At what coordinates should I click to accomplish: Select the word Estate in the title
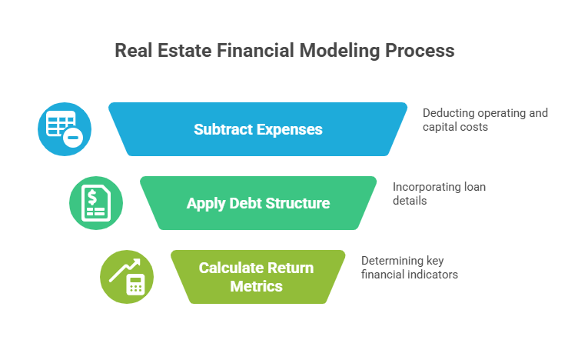tap(183, 51)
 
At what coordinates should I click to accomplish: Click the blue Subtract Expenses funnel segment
tap(257, 129)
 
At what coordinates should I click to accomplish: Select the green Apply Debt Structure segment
tap(257, 203)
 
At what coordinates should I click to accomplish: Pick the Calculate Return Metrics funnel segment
tap(257, 277)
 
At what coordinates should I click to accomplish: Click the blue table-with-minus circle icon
tap(65, 128)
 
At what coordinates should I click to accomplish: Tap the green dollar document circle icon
tap(96, 203)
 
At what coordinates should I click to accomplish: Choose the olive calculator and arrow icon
tap(127, 277)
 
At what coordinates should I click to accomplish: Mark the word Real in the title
tap(133, 51)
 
